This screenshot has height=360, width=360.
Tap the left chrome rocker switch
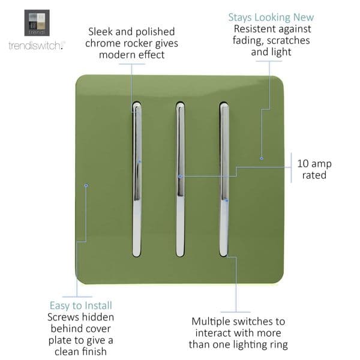tap(137, 179)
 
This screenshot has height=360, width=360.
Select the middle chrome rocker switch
tap(180, 179)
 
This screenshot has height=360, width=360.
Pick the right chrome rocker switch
tap(223, 179)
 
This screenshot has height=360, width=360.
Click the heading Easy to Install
tap(81, 305)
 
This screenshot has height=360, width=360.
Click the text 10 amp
tap(314, 163)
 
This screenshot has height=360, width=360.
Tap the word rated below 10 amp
tap(314, 175)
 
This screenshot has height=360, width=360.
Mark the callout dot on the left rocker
tap(139, 161)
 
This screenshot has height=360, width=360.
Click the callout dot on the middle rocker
tap(179, 176)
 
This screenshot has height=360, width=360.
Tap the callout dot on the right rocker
tap(226, 200)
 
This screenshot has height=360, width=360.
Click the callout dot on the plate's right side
tap(261, 158)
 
